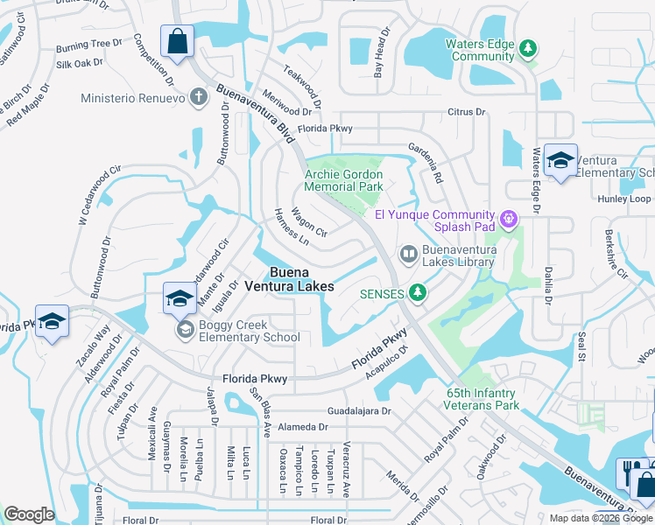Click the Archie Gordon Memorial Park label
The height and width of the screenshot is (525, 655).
pos(343,180)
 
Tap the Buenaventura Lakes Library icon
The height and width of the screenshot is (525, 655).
pos(408,254)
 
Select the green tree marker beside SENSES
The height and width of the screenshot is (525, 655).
pos(419,292)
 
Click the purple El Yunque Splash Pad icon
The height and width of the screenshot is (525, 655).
pos(507,216)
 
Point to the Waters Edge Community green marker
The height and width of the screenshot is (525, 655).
pos(528,47)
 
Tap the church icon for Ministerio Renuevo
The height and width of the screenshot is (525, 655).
pos(200,97)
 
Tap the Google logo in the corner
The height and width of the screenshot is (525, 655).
pos(30,514)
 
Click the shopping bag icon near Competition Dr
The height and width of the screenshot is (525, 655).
pos(177,42)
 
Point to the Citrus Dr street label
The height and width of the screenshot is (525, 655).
pos(466,112)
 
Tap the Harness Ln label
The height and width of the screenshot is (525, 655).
pos(292,226)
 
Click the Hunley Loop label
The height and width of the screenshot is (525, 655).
pos(623,199)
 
